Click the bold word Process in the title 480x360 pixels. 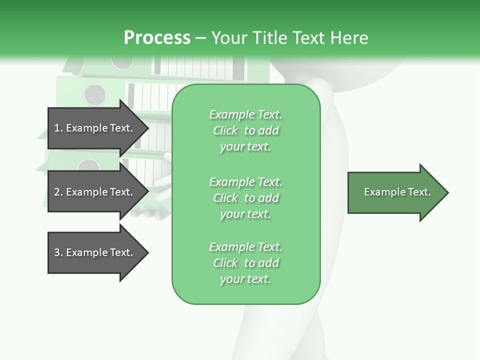pos(157,38)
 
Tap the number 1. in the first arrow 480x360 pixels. pos(58,128)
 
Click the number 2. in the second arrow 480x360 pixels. pos(58,192)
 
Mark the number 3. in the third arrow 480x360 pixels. pos(58,252)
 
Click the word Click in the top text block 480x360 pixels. pos(225,130)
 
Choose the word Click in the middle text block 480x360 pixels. pos(225,198)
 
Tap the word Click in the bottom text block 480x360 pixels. pos(225,263)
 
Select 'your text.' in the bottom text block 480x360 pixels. pos(245,279)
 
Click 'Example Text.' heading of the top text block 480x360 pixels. pos(245,114)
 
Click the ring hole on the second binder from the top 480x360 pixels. pos(95,94)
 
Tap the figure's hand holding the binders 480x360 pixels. pos(150,212)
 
